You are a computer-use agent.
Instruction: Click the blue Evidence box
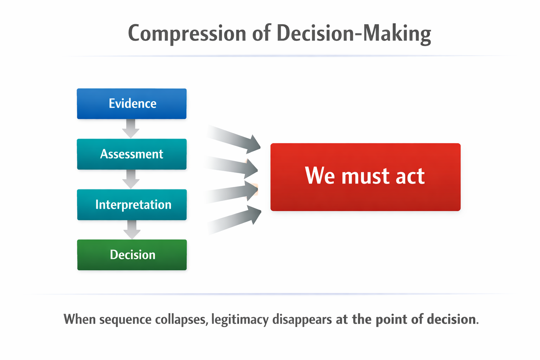131,104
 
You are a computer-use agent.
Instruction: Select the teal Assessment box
131,154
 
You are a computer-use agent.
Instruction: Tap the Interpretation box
132,205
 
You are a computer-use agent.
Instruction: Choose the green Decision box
132,255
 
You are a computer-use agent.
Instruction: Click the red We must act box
365,177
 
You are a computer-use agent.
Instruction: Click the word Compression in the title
187,33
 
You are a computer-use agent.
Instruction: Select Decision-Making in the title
354,33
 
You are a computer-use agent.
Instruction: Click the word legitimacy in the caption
240,320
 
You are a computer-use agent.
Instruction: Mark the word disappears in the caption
302,320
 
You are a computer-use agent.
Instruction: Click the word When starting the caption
79,320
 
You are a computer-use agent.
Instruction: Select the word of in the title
261,33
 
